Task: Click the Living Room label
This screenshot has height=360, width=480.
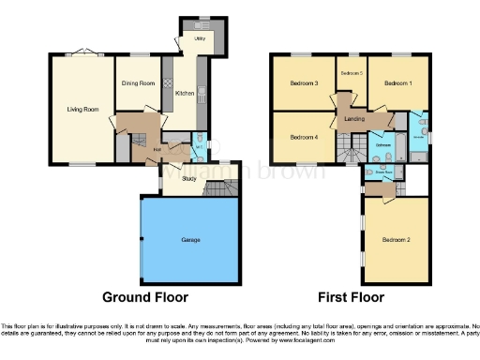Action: pos(82,110)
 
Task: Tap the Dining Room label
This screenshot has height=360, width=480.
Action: pos(138,83)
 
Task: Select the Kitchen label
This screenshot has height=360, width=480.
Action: pos(184,93)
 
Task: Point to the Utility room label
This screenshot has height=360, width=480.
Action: pos(200,39)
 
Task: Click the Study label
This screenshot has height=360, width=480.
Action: pos(189,176)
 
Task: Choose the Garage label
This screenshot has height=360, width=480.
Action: pos(190,240)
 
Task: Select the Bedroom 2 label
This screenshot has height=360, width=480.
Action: pos(396,240)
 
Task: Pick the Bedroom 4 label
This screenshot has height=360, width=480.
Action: pos(304,138)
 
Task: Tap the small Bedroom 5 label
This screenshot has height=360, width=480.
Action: pos(351,73)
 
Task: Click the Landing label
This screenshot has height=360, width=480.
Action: pos(354,118)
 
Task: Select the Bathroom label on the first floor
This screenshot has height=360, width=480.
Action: pos(382,145)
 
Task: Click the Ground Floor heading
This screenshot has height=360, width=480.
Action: pos(146,297)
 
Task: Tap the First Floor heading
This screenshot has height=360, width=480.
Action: pos(352,297)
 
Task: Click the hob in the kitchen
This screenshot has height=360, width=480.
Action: pos(168,84)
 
